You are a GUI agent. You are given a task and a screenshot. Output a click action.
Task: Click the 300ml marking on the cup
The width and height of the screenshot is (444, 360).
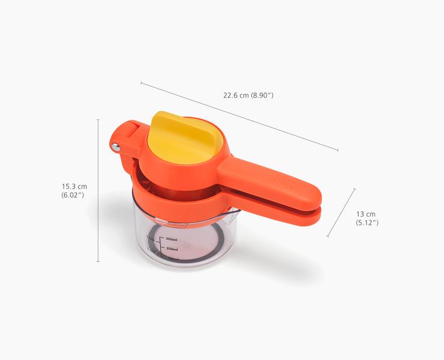coord(171,239)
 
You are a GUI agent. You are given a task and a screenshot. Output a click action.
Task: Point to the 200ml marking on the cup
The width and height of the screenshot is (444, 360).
coord(172,248)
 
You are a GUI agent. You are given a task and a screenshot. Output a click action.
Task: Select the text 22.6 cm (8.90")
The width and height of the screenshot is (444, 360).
coord(248,95)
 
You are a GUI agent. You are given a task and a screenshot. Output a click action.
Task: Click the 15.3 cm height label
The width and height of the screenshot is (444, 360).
coord(74,187)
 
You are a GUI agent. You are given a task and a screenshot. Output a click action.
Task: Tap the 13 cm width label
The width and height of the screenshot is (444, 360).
coord(366,214)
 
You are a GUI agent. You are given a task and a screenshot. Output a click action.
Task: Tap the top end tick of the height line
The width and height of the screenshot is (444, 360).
coord(98,119)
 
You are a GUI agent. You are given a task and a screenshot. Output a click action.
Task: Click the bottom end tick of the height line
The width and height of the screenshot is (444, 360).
coord(98,262)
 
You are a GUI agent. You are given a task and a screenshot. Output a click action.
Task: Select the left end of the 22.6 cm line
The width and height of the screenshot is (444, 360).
coord(141,82)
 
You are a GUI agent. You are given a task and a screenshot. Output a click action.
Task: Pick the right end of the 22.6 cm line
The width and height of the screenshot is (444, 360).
coord(338,151)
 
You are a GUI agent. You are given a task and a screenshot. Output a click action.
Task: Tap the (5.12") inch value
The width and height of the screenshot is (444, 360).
coord(367,223)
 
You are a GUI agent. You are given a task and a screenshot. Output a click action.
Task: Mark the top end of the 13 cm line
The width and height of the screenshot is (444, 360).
coord(354,189)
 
